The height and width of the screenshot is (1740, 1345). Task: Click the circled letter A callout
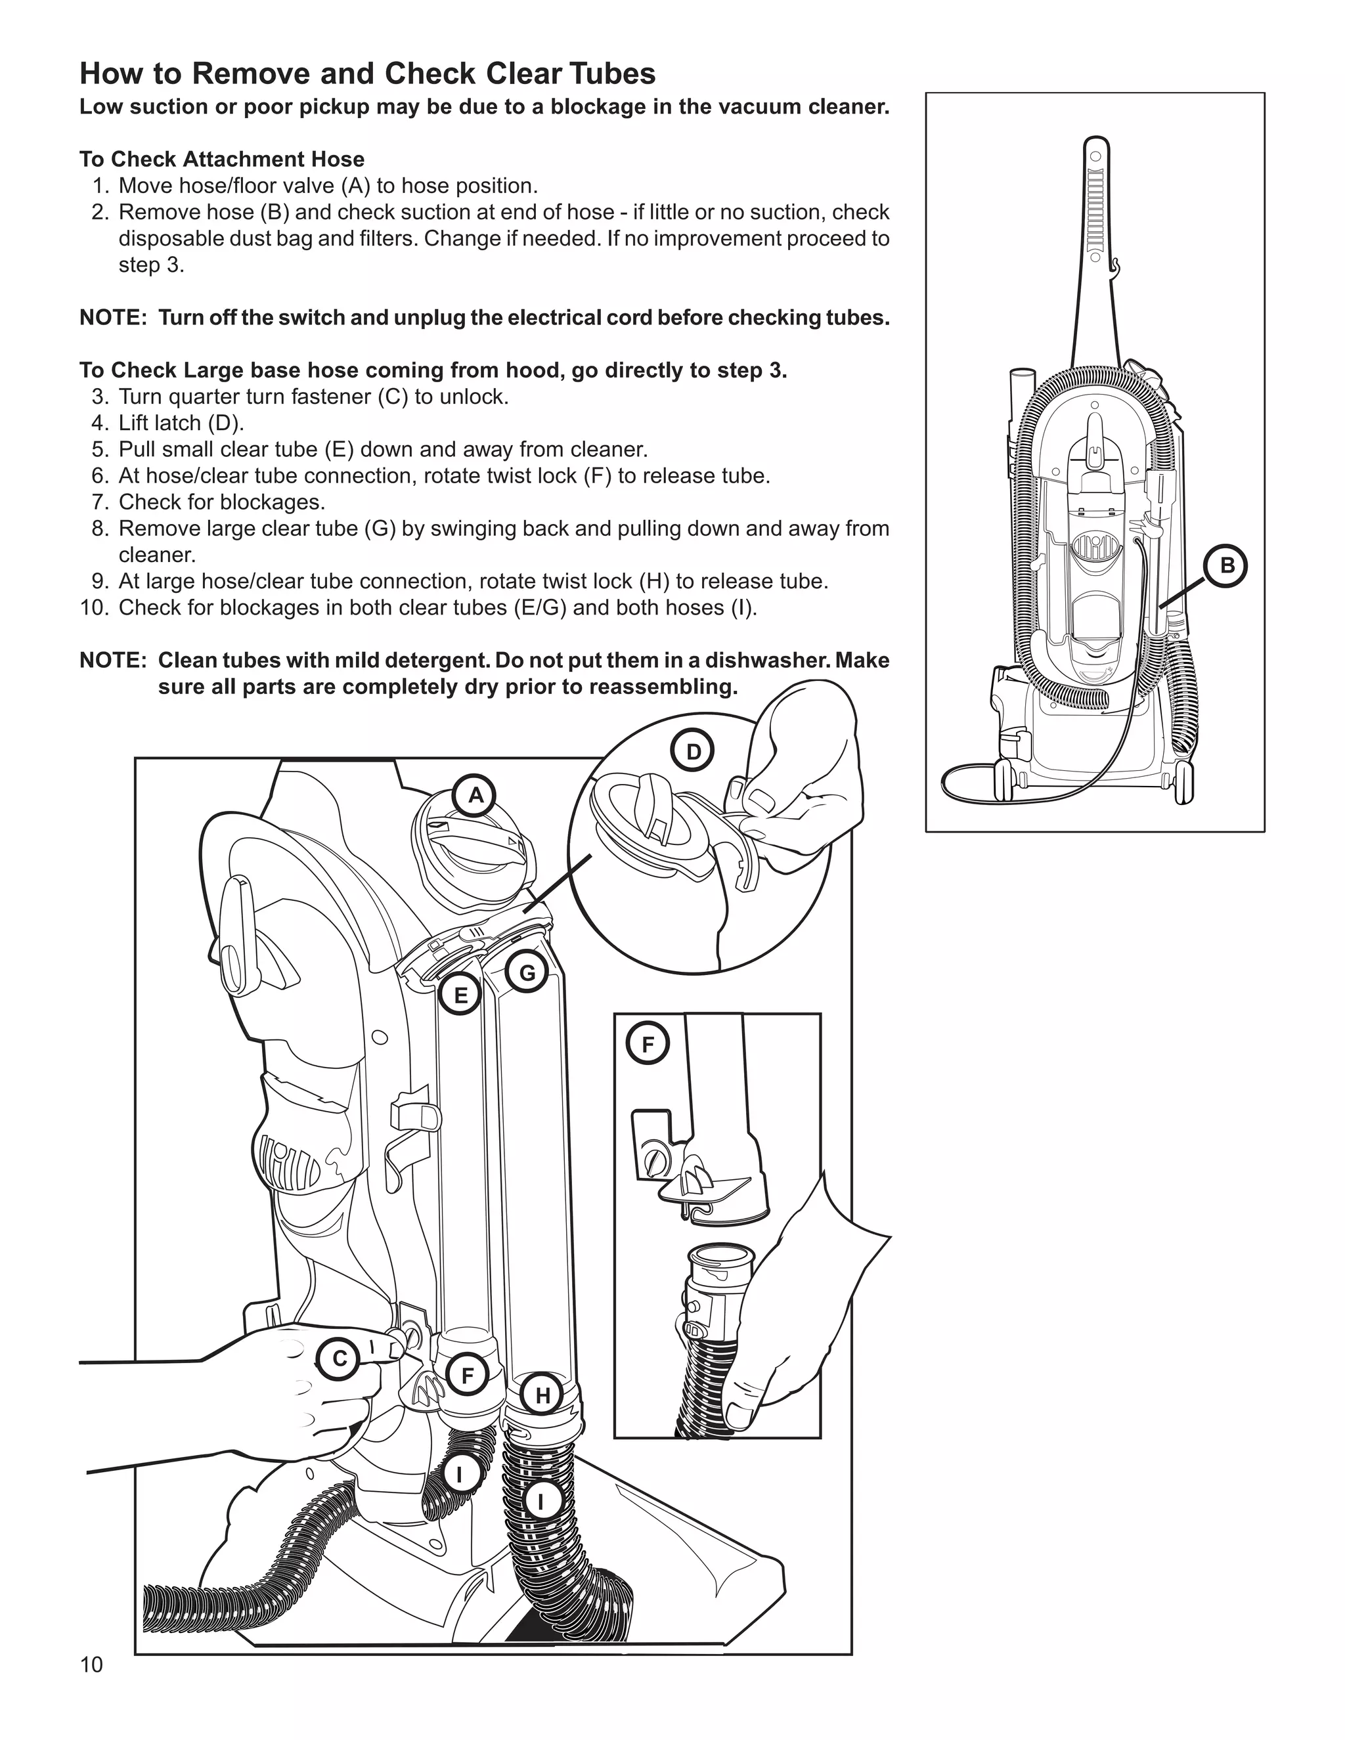[x=475, y=795]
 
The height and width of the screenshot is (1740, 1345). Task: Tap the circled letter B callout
[x=1227, y=565]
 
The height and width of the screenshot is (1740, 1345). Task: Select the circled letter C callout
[x=340, y=1359]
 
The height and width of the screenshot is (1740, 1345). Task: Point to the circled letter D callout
[x=694, y=752]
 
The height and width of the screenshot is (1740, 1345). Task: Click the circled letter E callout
[x=460, y=995]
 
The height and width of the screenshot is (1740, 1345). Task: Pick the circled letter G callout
[x=527, y=973]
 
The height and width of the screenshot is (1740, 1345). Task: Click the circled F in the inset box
[x=648, y=1045]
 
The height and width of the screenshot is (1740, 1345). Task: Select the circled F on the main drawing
[x=468, y=1376]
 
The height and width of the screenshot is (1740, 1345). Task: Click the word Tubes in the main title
[x=611, y=74]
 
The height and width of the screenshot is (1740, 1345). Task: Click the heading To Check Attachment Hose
[x=221, y=160]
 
